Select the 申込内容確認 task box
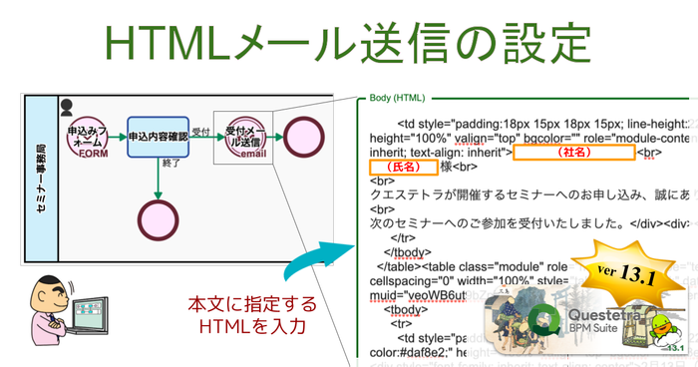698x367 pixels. click(158, 137)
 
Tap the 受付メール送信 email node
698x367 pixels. click(242, 138)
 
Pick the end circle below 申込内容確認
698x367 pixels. click(159, 216)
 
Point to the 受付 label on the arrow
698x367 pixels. click(200, 131)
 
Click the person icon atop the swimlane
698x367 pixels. click(67, 105)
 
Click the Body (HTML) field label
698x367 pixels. click(397, 98)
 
